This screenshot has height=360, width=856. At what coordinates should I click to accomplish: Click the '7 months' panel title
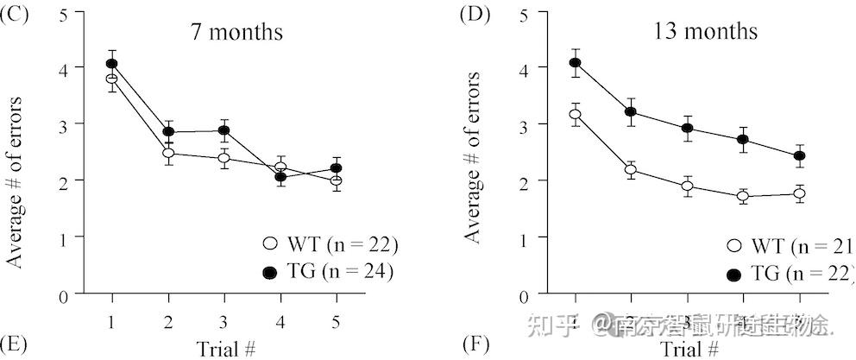point(237,34)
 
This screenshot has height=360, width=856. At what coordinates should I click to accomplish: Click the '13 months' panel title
point(705,32)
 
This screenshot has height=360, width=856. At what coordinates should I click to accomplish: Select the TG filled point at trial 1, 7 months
point(111,64)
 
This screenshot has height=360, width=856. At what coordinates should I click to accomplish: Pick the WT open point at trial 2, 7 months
point(167,153)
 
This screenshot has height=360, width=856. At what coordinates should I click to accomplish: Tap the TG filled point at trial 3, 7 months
point(223,131)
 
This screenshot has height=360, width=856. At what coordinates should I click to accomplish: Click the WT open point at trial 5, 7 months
point(335,180)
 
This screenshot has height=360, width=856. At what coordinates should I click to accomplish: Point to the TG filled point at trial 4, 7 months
point(280,177)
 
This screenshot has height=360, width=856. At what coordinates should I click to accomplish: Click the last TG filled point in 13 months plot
point(799,156)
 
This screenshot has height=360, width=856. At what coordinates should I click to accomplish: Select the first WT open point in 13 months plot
point(576,114)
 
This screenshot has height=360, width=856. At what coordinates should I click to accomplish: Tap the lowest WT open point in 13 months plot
point(744,197)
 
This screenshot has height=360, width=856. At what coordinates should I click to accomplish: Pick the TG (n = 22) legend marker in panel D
point(734,275)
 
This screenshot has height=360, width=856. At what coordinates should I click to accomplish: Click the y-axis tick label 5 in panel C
point(64,13)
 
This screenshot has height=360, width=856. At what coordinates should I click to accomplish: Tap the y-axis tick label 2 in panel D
point(524,180)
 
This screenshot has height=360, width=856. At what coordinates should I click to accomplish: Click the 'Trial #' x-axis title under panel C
point(226,348)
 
